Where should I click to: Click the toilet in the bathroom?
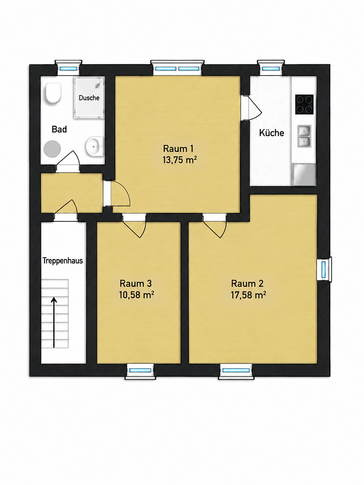(53, 93)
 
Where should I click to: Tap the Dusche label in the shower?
(89, 98)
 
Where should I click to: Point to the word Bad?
(59, 129)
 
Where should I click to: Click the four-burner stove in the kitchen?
(304, 104)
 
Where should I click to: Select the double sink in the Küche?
(304, 136)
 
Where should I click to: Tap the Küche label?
(272, 132)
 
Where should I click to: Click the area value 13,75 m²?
(180, 159)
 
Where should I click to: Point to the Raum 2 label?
(247, 283)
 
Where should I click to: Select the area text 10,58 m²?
(136, 295)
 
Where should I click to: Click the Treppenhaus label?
(63, 260)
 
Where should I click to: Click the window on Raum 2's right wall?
(324, 269)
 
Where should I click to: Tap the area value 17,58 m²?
(248, 295)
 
